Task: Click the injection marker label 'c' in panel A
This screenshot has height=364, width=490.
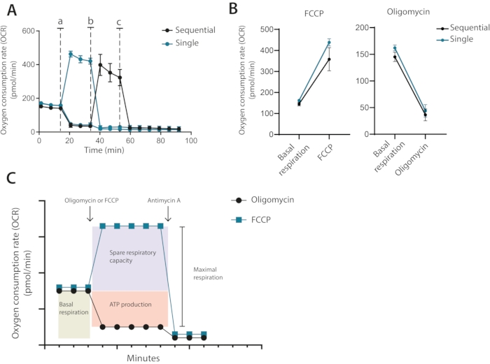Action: [119, 22]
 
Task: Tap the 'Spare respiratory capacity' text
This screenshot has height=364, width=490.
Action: [129, 255]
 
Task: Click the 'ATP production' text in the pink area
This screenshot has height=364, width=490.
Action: [129, 305]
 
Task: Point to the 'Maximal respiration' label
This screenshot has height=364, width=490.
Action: [206, 272]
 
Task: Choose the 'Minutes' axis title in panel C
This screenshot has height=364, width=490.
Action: [143, 357]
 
